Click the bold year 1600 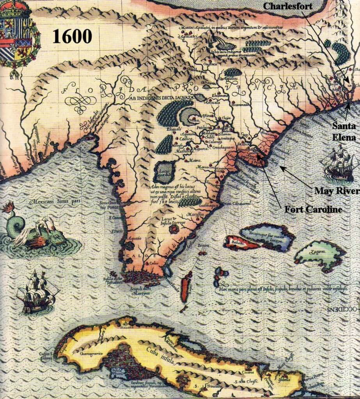pyautogui.click(x=72, y=36)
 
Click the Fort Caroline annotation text pyautogui.click(x=314, y=210)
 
